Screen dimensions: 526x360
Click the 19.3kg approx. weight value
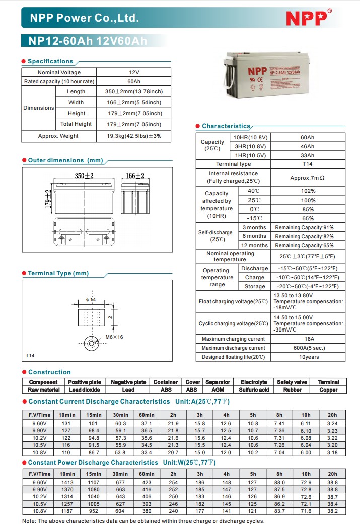(134, 136)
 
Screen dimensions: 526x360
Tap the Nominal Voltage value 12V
(134, 72)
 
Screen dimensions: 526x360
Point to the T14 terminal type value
(307, 164)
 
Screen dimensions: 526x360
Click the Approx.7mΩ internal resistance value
(307, 178)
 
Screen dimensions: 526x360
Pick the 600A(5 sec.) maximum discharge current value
(308, 348)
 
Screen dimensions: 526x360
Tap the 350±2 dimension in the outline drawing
(85, 176)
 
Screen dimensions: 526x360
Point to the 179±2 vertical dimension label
(48, 200)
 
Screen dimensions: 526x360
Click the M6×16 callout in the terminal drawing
(114, 337)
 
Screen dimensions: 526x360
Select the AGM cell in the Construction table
(218, 390)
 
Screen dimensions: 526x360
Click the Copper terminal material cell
(329, 390)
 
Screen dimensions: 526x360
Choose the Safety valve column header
(292, 382)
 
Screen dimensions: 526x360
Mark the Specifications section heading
(50, 61)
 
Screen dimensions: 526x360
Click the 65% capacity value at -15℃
(308, 218)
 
